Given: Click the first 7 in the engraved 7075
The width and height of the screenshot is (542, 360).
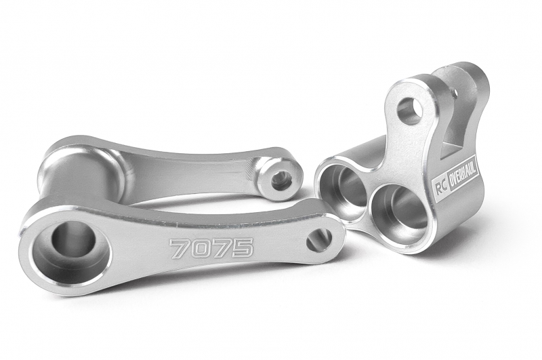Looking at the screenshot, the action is pyautogui.click(x=179, y=248).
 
